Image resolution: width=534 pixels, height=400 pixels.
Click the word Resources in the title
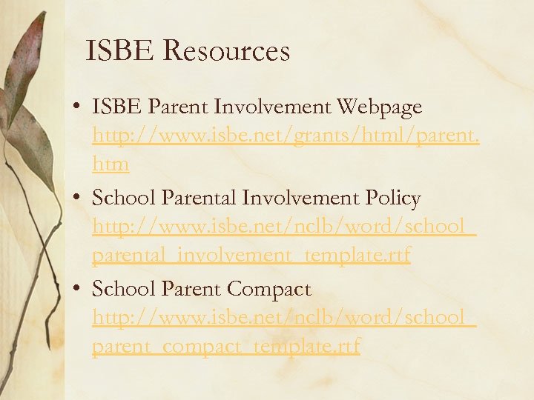[x=225, y=51]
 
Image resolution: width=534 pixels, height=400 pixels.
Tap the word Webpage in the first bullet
[x=379, y=107]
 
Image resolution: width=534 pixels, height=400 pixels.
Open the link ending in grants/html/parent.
[x=286, y=136]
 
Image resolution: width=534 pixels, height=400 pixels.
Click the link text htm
[x=111, y=164]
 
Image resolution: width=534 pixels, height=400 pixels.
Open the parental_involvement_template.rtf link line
[x=251, y=255]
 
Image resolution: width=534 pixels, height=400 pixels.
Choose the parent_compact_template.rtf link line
[x=226, y=345]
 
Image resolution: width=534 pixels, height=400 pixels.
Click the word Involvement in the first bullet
[x=273, y=107]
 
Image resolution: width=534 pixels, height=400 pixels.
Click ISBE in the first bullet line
[x=117, y=107]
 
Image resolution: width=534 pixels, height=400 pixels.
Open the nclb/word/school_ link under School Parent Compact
[x=284, y=317]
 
